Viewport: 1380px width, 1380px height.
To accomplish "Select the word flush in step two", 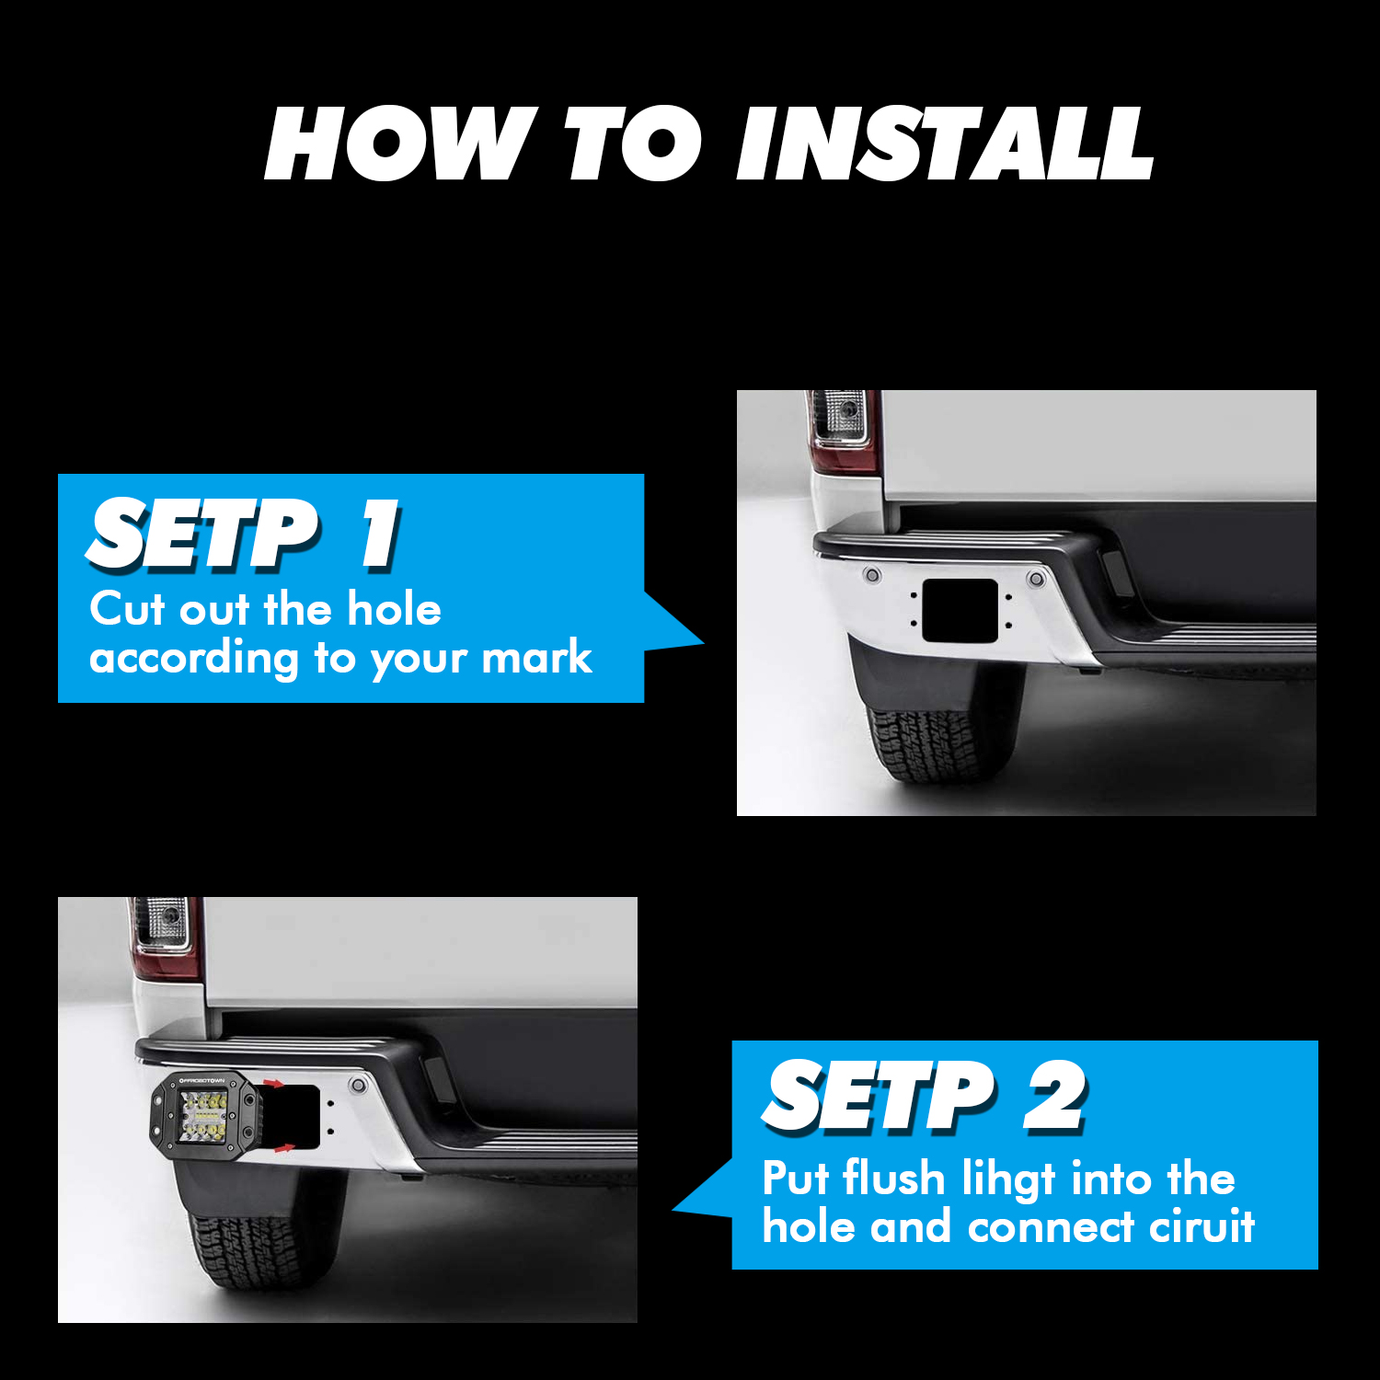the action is coord(894,1178).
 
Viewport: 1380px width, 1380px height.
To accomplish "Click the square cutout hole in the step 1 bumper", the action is coord(960,611).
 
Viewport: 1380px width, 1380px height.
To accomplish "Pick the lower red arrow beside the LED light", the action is coord(284,1147).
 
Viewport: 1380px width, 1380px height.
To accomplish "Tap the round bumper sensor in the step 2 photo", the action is coord(358,1087).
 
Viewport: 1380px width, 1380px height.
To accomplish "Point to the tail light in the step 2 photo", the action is coord(164,937).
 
